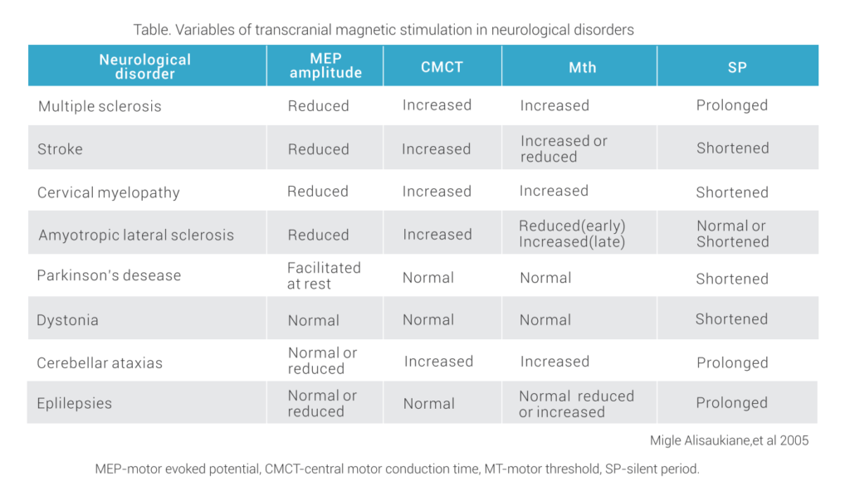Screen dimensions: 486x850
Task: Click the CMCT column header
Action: pyautogui.click(x=442, y=67)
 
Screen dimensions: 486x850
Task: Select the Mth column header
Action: pyautogui.click(x=582, y=67)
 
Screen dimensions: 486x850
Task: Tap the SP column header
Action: pyautogui.click(x=736, y=67)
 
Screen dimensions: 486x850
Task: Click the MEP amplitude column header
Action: pyautogui.click(x=325, y=66)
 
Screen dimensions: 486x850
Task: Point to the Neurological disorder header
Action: pyautogui.click(x=145, y=66)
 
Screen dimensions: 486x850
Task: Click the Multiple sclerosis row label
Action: pyautogui.click(x=100, y=106)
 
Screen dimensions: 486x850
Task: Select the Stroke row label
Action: pyautogui.click(x=60, y=149)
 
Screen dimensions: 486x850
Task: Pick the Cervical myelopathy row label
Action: pyautogui.click(x=108, y=192)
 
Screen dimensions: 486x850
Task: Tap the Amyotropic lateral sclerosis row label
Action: pyautogui.click(x=136, y=235)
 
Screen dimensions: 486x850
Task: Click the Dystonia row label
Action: pyautogui.click(x=68, y=320)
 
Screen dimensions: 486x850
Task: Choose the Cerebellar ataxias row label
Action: pyautogui.click(x=100, y=362)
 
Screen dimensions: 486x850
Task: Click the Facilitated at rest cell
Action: pyautogui.click(x=324, y=275)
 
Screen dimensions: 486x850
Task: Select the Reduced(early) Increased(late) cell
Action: pyautogui.click(x=572, y=234)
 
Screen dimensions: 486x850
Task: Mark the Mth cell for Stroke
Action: pyautogui.click(x=564, y=148)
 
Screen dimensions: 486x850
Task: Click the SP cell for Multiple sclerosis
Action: pyautogui.click(x=731, y=105)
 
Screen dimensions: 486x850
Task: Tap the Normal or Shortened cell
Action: pyautogui.click(x=731, y=234)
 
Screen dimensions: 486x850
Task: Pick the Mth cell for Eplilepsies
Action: pyautogui.click(x=575, y=403)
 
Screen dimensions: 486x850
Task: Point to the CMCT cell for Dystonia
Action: pyautogui.click(x=428, y=319)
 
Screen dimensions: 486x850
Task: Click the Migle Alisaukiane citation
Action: pyautogui.click(x=729, y=440)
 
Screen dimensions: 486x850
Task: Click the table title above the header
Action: pyautogui.click(x=383, y=30)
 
